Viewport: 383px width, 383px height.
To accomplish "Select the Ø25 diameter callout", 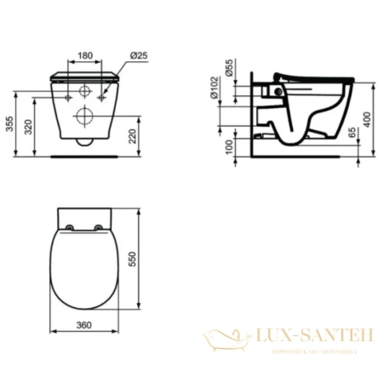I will tap(140, 55).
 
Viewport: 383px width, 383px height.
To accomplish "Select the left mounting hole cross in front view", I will tap(66, 98).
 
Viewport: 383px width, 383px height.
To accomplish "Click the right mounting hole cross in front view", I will tap(105, 98).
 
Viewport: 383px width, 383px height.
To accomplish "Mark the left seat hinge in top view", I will tap(66, 227).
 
